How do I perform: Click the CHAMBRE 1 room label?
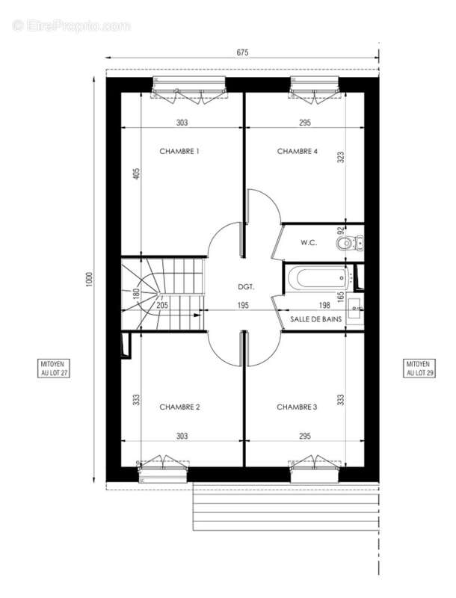pyautogui.click(x=179, y=152)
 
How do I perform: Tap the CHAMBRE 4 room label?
pyautogui.click(x=298, y=152)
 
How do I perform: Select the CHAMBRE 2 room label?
pyautogui.click(x=179, y=407)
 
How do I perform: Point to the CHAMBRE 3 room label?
pyautogui.click(x=297, y=407)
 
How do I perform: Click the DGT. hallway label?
pyautogui.click(x=246, y=286)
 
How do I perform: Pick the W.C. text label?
pyautogui.click(x=309, y=242)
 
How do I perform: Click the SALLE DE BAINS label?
pyautogui.click(x=315, y=319)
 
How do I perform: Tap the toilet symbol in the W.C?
pyautogui.click(x=350, y=242)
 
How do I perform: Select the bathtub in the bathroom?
pyautogui.click(x=318, y=278)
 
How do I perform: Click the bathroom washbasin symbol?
pyautogui.click(x=354, y=311)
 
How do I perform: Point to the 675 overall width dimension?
pyautogui.click(x=242, y=52)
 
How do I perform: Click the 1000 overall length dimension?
pyautogui.click(x=89, y=280)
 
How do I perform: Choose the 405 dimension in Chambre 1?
pyautogui.click(x=137, y=173)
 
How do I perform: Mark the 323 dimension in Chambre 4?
pyautogui.click(x=341, y=157)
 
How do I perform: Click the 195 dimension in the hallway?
pyautogui.click(x=243, y=305)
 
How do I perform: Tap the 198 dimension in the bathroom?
pyautogui.click(x=324, y=305)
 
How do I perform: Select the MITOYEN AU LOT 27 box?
pyautogui.click(x=54, y=368)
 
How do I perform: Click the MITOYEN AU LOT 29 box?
pyautogui.click(x=419, y=368)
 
